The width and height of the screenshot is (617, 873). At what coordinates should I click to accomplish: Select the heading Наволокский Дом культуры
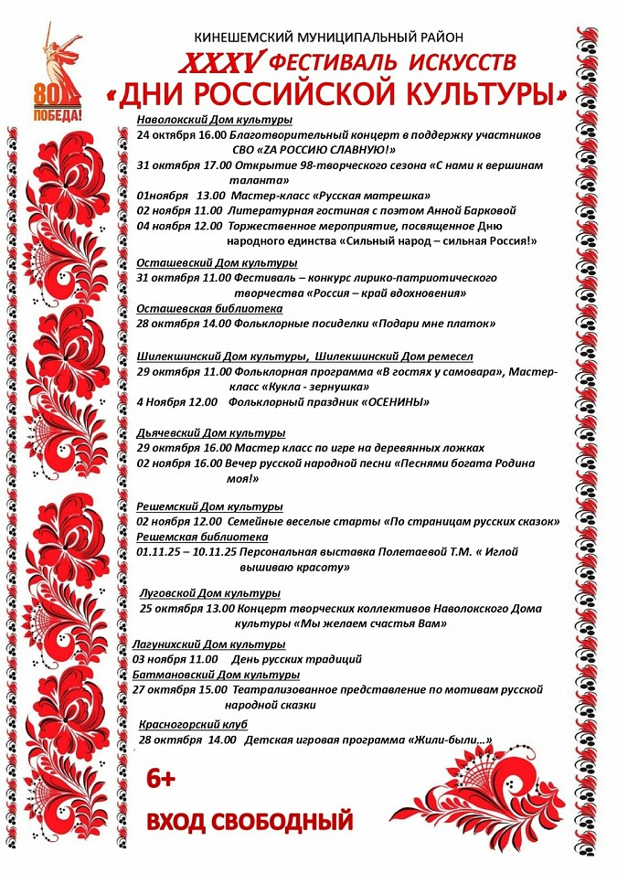pyautogui.click(x=214, y=120)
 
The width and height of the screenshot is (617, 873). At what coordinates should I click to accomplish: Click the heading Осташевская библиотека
pyautogui.click(x=209, y=309)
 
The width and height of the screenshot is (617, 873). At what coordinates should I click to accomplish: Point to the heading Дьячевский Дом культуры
pyautogui.click(x=210, y=432)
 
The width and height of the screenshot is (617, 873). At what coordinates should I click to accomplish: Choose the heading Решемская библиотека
pyautogui.click(x=202, y=537)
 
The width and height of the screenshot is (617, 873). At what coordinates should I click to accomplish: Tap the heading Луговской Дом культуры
pyautogui.click(x=209, y=592)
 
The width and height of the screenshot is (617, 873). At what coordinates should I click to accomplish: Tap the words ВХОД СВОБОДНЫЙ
pyautogui.click(x=250, y=821)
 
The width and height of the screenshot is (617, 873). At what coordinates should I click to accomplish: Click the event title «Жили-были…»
pyautogui.click(x=452, y=740)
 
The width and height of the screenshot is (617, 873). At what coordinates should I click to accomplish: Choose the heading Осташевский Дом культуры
pyautogui.click(x=210, y=263)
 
